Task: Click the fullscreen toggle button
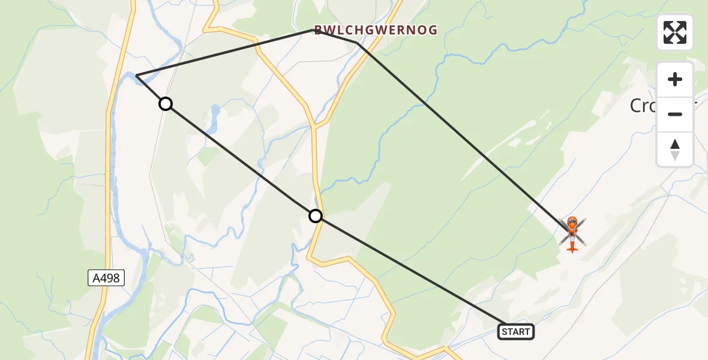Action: click(675, 32)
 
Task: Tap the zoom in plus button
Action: click(675, 79)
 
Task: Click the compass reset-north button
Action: click(675, 149)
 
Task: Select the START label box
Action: click(515, 332)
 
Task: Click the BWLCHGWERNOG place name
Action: click(376, 30)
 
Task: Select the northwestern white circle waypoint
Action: click(166, 104)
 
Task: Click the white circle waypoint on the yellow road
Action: click(316, 216)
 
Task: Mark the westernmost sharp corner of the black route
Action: click(137, 76)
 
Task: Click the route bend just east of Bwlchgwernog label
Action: click(358, 43)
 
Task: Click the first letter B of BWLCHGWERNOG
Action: click(317, 30)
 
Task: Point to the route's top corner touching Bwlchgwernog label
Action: click(317, 30)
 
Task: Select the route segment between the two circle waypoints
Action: click(240, 160)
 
